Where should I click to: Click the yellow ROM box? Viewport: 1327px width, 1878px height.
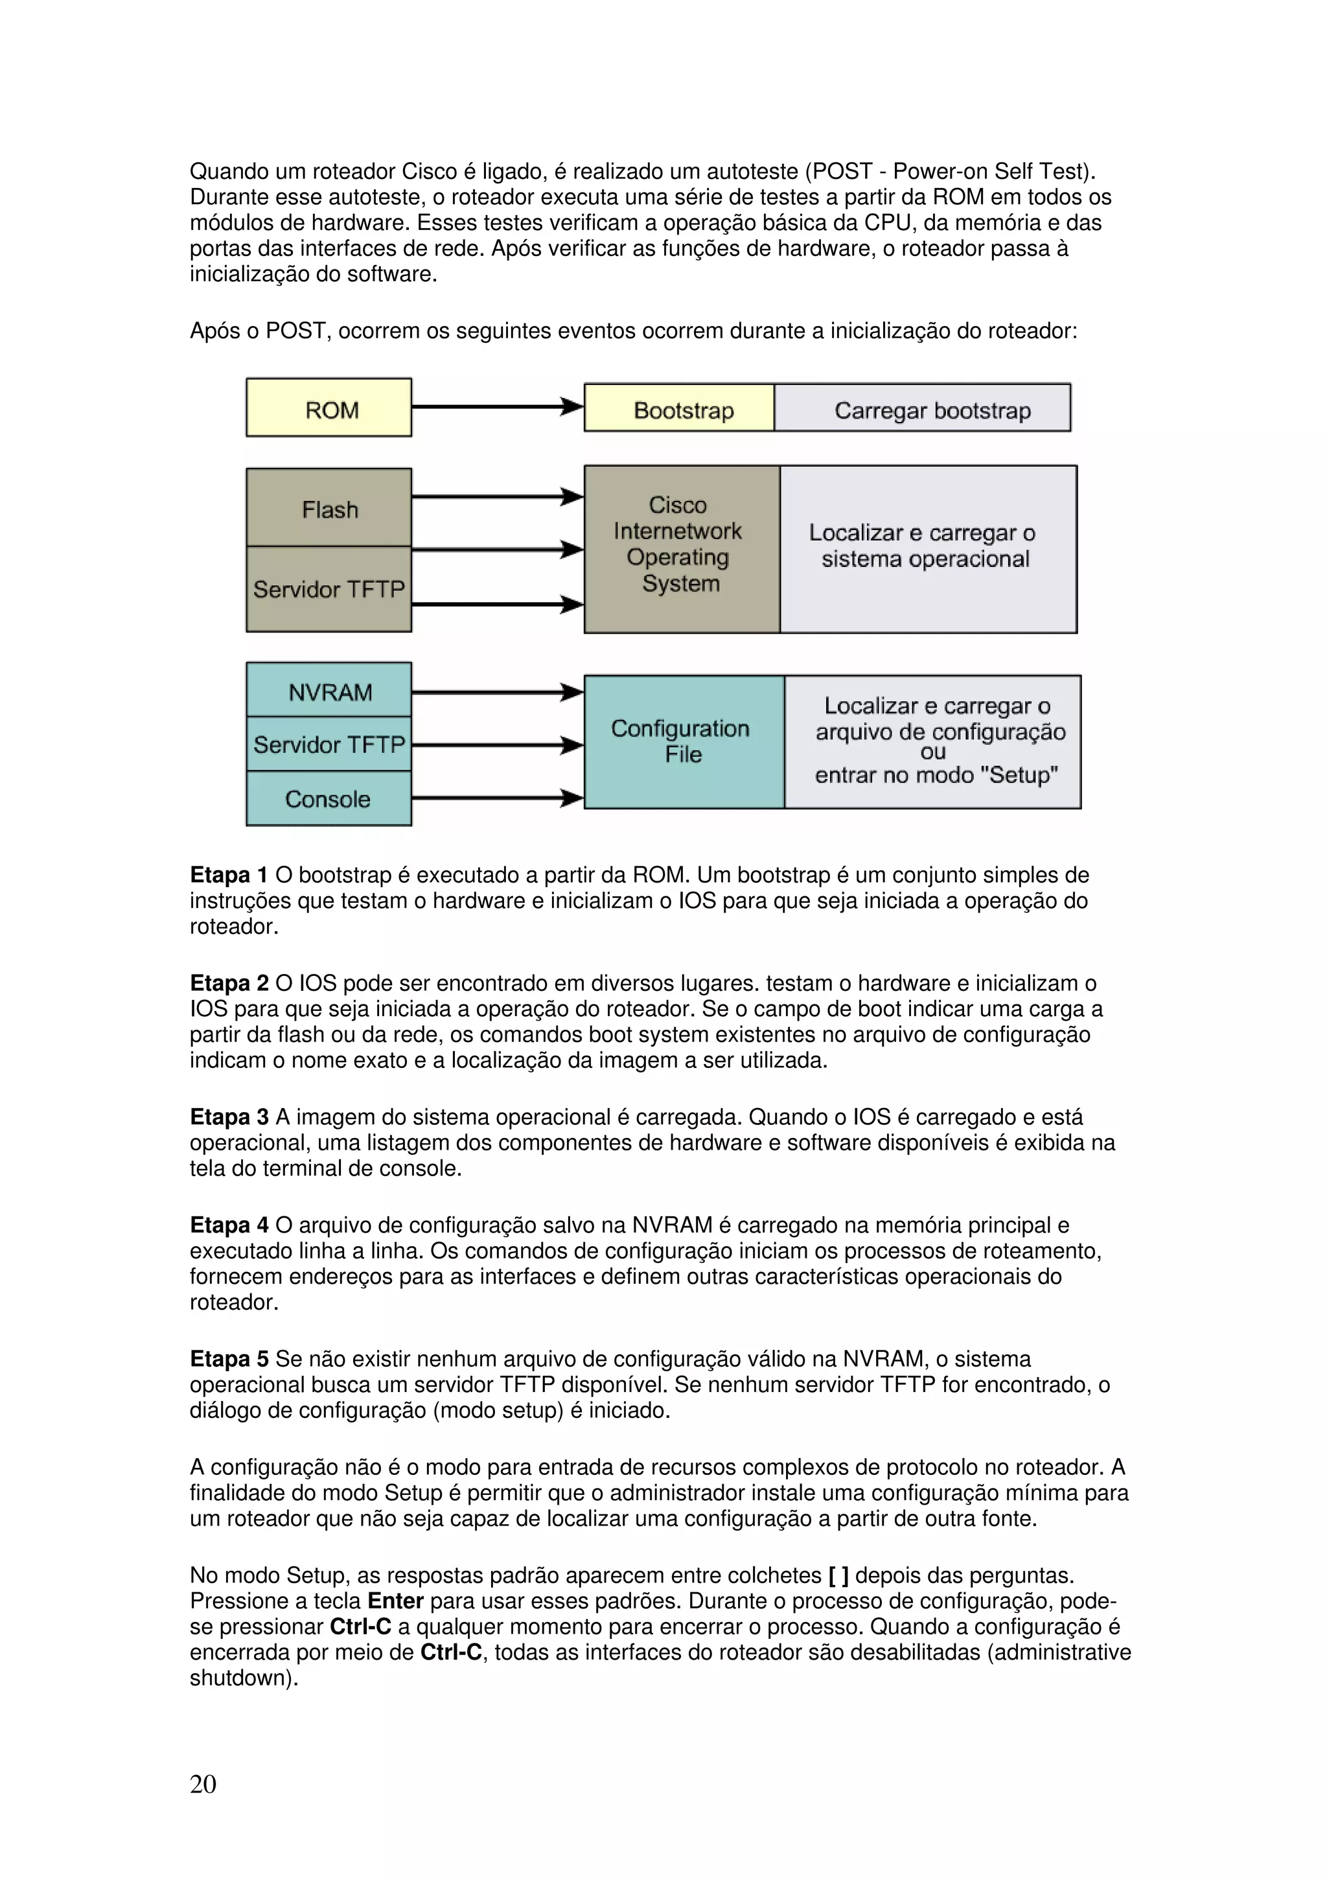click(329, 408)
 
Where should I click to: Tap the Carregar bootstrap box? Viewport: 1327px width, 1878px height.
click(922, 408)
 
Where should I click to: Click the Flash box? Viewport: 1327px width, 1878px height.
click(329, 508)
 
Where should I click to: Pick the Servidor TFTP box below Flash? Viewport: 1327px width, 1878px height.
click(329, 589)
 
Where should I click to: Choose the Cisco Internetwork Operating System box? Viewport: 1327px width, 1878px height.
click(681, 549)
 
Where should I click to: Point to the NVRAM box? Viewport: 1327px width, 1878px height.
click(329, 691)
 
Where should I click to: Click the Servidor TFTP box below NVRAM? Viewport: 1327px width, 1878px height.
click(329, 745)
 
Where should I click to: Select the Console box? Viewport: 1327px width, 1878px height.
click(329, 798)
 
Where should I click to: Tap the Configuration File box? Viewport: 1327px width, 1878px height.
click(684, 742)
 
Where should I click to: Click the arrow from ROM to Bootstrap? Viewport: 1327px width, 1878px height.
click(497, 406)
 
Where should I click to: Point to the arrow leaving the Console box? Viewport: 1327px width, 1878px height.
click(497, 798)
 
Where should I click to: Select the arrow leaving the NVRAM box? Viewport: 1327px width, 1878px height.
click(497, 692)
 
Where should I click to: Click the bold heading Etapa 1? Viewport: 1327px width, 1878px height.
click(229, 875)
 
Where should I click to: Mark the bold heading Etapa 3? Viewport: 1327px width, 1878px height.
click(229, 1117)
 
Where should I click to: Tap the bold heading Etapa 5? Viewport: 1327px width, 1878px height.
click(229, 1360)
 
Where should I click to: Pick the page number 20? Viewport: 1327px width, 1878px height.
click(203, 1783)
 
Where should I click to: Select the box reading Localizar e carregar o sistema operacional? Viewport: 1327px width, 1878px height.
click(928, 549)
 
